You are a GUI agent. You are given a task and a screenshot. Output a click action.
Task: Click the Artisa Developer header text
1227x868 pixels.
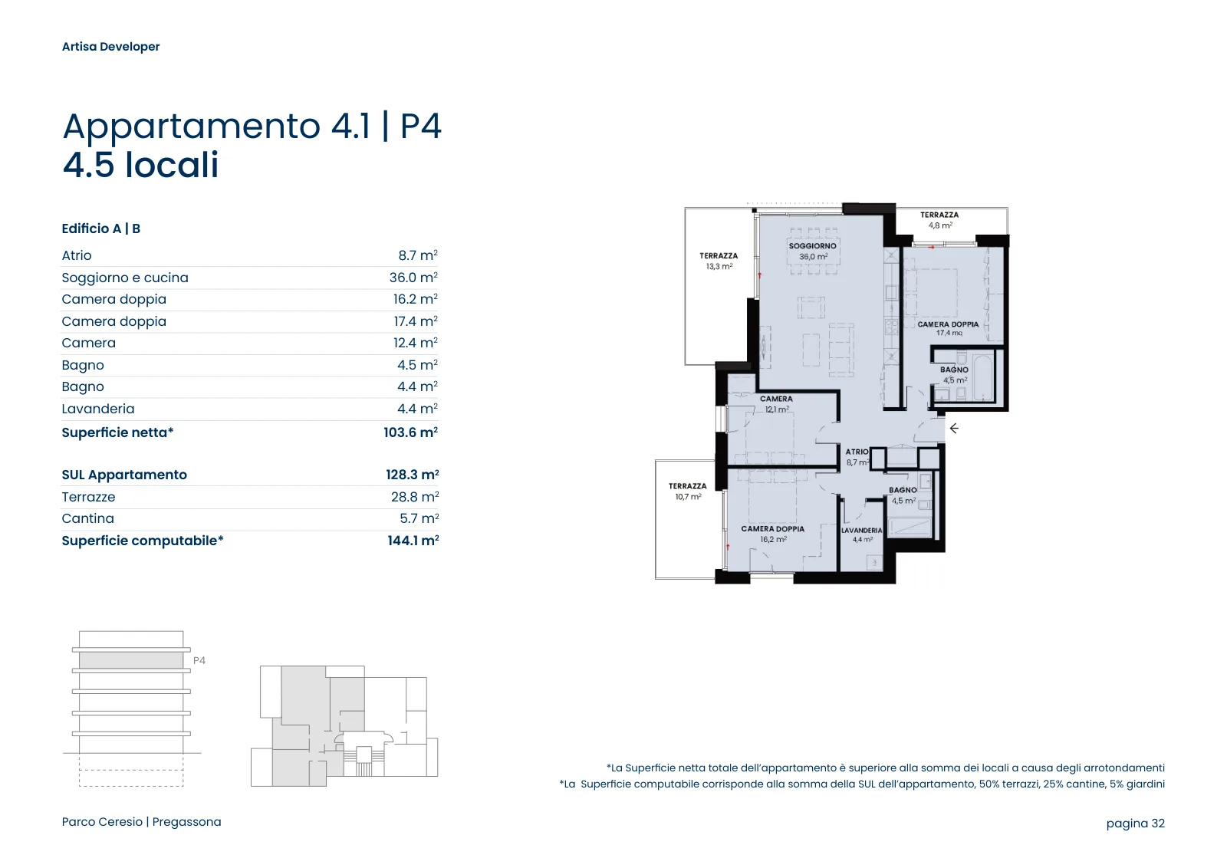(x=110, y=47)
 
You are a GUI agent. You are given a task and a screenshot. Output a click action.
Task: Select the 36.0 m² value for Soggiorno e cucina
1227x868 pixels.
(x=413, y=277)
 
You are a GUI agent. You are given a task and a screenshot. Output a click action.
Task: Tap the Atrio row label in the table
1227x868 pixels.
(x=77, y=255)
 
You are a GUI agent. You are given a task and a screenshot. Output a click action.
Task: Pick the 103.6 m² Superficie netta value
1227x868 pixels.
(x=411, y=432)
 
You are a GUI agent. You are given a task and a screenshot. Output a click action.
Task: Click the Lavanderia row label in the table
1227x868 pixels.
(x=98, y=409)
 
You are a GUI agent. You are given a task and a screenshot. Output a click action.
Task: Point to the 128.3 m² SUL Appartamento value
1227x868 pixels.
(x=413, y=474)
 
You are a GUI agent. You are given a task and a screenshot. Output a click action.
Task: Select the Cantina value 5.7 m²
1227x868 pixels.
(x=419, y=518)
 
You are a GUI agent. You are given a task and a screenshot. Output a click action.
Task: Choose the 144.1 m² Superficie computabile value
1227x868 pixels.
(x=413, y=541)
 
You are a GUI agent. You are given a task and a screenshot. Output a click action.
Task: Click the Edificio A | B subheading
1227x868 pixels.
(x=100, y=229)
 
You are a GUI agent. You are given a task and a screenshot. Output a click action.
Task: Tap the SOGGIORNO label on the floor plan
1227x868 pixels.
(x=812, y=246)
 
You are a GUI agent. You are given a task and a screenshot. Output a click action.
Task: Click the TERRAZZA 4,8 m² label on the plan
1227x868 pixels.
(x=939, y=220)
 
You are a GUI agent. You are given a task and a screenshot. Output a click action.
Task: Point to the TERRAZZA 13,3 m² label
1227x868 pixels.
(x=719, y=261)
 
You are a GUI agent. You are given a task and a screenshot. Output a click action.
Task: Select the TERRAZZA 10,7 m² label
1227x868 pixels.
(x=687, y=492)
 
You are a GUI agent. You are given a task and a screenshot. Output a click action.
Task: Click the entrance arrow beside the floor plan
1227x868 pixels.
(x=954, y=429)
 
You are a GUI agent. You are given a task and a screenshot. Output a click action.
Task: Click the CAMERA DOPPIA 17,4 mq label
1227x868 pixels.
(x=948, y=329)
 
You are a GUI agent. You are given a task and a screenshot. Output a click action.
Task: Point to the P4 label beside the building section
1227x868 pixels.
(x=199, y=660)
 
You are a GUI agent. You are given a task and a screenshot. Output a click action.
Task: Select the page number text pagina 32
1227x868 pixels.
(x=1136, y=823)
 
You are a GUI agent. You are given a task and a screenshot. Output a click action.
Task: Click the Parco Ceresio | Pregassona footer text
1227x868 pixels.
(x=141, y=821)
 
